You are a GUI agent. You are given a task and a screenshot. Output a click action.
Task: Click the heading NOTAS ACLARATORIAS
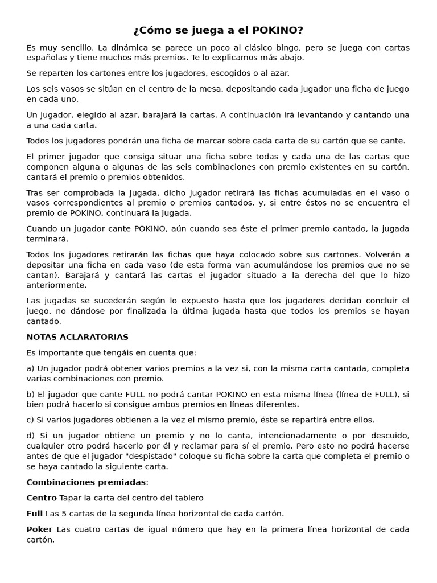[x=77, y=338]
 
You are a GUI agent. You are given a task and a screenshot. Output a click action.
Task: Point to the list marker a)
[x=31, y=369]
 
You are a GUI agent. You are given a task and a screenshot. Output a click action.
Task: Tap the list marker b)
[x=31, y=395]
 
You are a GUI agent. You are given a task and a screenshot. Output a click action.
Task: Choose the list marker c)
[x=31, y=420]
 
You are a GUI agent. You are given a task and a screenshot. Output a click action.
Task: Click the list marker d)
[x=31, y=436]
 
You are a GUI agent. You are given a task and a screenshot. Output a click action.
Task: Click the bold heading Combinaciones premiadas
[x=86, y=483]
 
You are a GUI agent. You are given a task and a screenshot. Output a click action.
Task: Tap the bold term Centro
[x=42, y=498]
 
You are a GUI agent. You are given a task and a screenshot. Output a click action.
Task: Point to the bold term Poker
[x=39, y=529]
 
